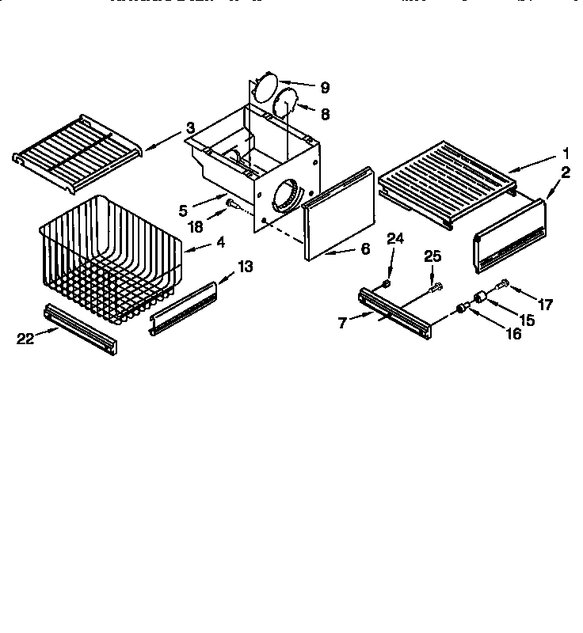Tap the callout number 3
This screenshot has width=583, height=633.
[190, 128]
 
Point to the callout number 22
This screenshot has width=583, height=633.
[26, 339]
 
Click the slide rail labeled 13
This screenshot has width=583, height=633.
[183, 308]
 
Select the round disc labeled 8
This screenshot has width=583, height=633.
[283, 104]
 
